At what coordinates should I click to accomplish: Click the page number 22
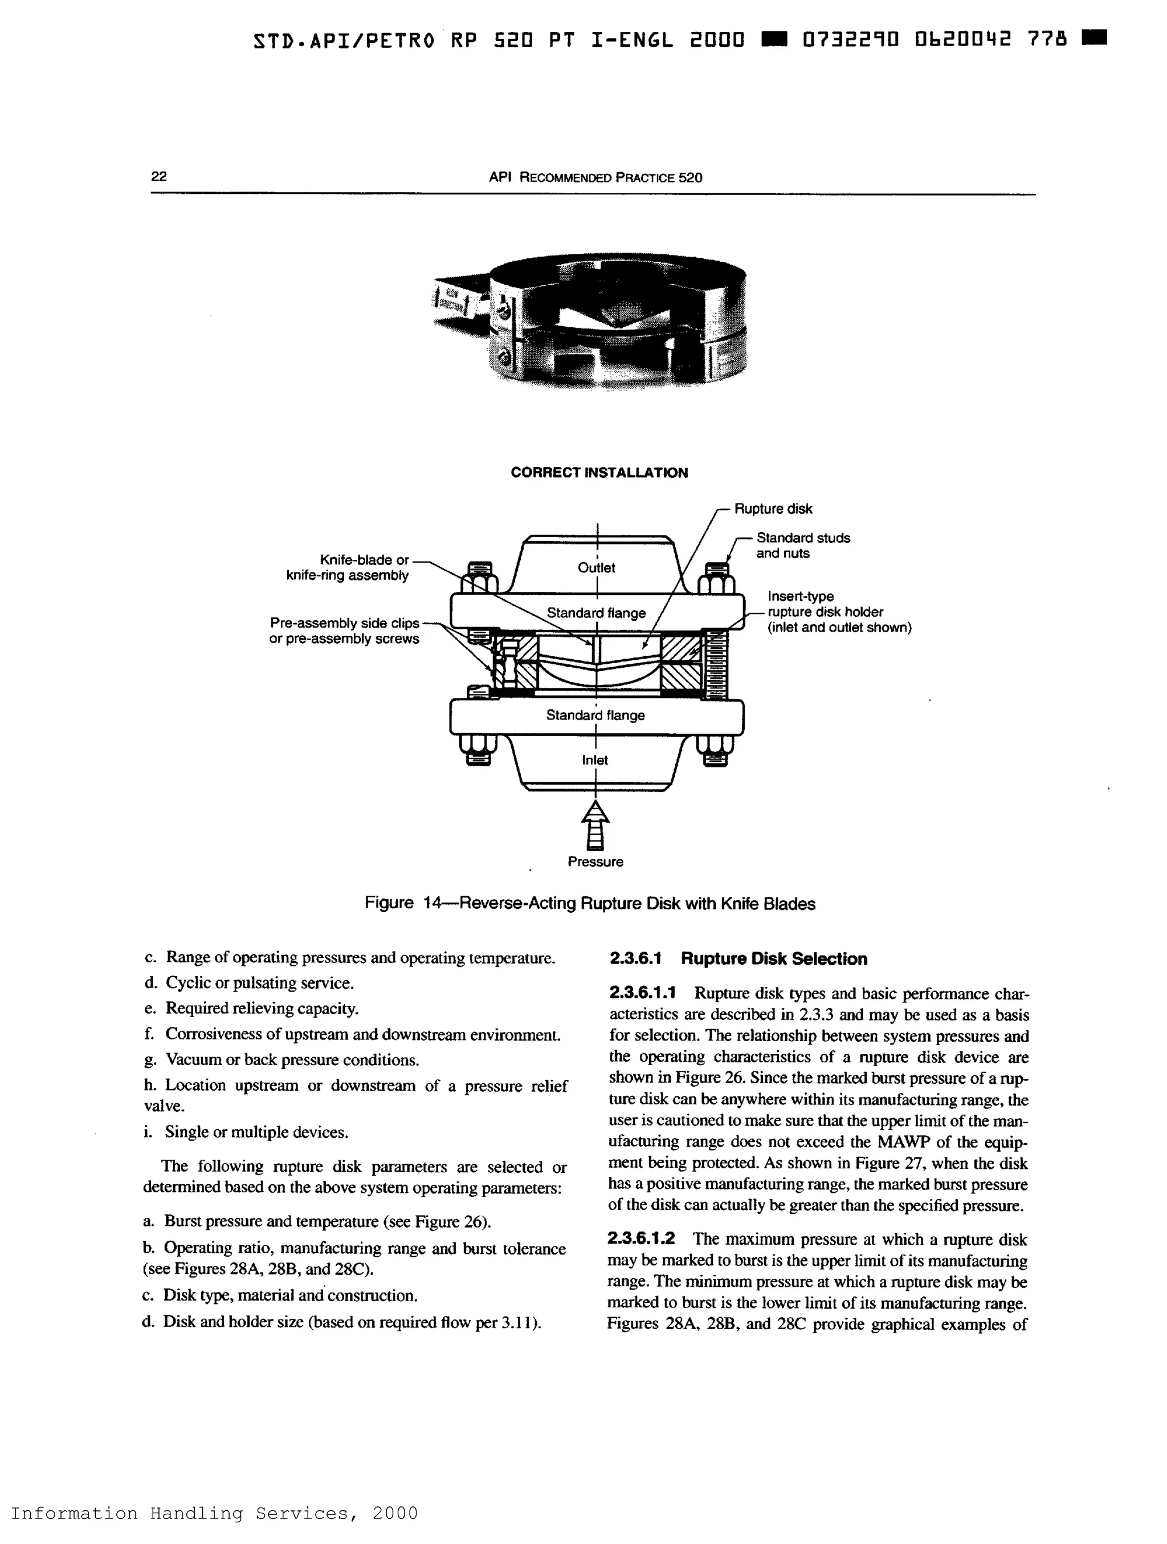point(158,176)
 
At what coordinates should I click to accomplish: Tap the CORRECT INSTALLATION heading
point(598,473)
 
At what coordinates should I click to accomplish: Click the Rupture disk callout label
point(773,509)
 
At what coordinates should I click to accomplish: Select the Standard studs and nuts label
point(802,546)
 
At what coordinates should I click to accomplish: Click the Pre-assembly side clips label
point(345,630)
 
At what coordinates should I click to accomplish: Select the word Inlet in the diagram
point(594,760)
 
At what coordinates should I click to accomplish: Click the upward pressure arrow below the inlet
point(595,824)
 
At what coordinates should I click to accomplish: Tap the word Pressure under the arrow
point(595,862)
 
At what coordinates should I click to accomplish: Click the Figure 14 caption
point(589,903)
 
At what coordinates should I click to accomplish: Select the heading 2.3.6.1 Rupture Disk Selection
point(738,958)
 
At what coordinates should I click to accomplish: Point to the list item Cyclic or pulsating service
point(259,983)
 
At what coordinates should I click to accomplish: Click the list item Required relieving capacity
point(261,1008)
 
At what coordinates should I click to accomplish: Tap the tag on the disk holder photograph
point(454,299)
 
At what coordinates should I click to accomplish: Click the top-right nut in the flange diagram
point(716,579)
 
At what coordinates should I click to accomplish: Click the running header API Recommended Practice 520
point(595,177)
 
